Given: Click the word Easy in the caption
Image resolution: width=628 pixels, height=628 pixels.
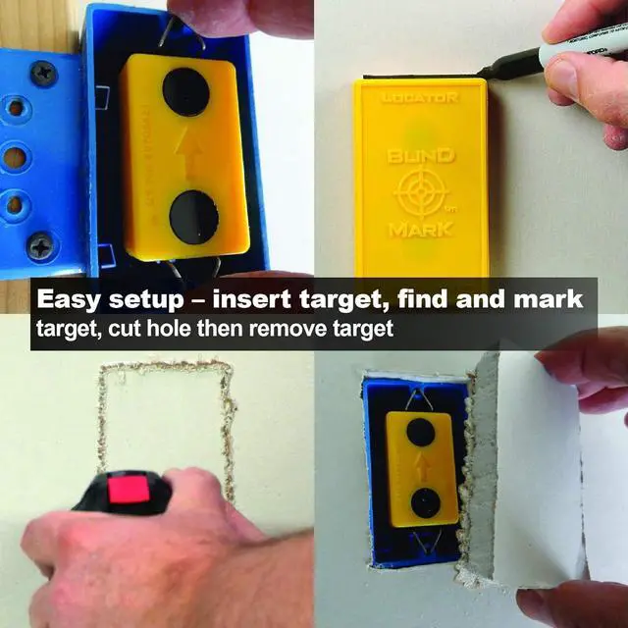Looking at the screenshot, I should tap(71, 297).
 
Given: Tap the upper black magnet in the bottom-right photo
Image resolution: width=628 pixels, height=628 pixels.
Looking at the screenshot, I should tap(421, 431).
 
